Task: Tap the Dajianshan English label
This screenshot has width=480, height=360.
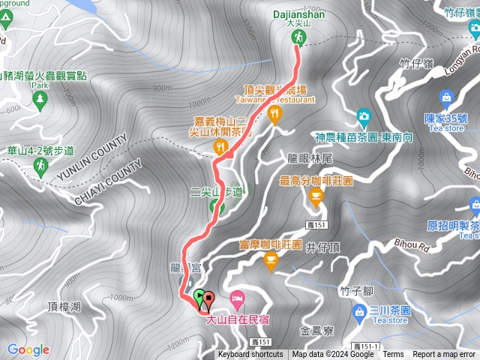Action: (298, 13)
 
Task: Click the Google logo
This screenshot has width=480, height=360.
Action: (28, 349)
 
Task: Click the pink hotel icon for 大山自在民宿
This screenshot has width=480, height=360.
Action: (236, 298)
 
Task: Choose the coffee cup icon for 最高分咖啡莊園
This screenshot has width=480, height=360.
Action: (316, 196)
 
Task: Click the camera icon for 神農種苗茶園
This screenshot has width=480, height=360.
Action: (363, 116)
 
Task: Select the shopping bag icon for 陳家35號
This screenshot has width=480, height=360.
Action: (445, 98)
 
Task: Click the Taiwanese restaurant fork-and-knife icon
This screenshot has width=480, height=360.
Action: (275, 115)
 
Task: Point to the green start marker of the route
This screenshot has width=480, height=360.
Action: (199, 297)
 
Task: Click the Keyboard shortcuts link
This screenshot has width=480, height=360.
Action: (250, 355)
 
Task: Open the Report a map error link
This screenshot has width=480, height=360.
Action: (445, 355)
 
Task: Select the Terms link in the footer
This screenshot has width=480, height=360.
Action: (393, 355)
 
